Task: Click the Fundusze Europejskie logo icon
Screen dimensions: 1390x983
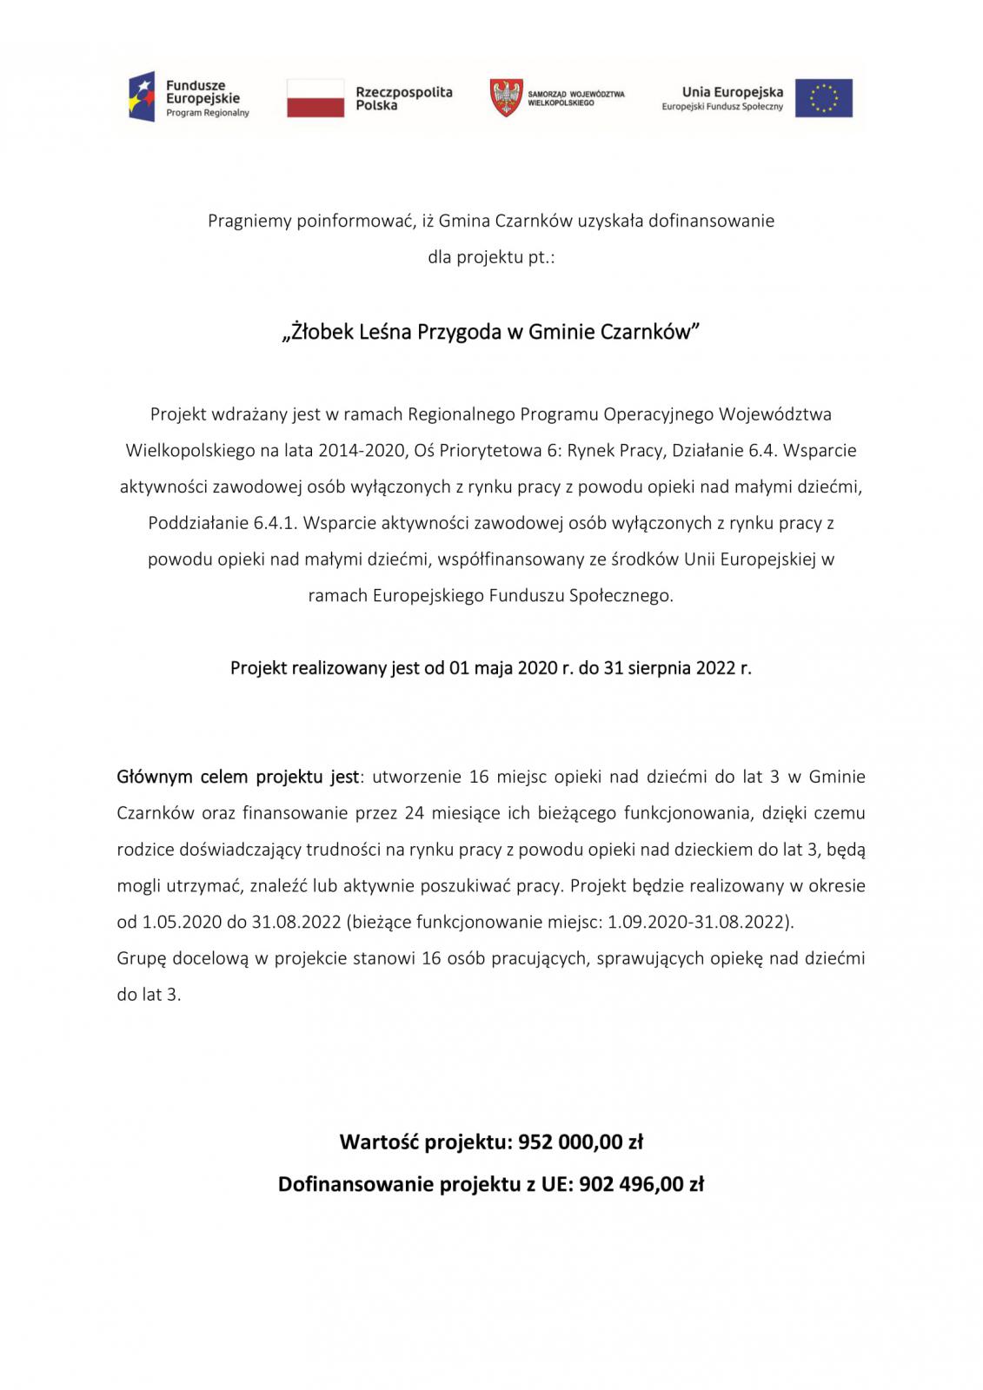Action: point(142,96)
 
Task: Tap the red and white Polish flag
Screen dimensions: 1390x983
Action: point(315,97)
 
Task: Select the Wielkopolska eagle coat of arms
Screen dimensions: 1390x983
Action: point(506,97)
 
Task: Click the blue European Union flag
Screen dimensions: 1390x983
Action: point(823,97)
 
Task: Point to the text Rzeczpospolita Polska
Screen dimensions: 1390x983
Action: point(403,98)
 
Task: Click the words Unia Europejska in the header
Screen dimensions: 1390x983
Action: point(732,91)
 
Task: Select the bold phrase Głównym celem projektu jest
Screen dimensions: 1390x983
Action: point(237,777)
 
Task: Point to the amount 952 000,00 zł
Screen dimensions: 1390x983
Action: point(581,1142)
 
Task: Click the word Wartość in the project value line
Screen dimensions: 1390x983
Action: point(378,1142)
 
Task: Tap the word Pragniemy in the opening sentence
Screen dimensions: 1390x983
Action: point(249,221)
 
